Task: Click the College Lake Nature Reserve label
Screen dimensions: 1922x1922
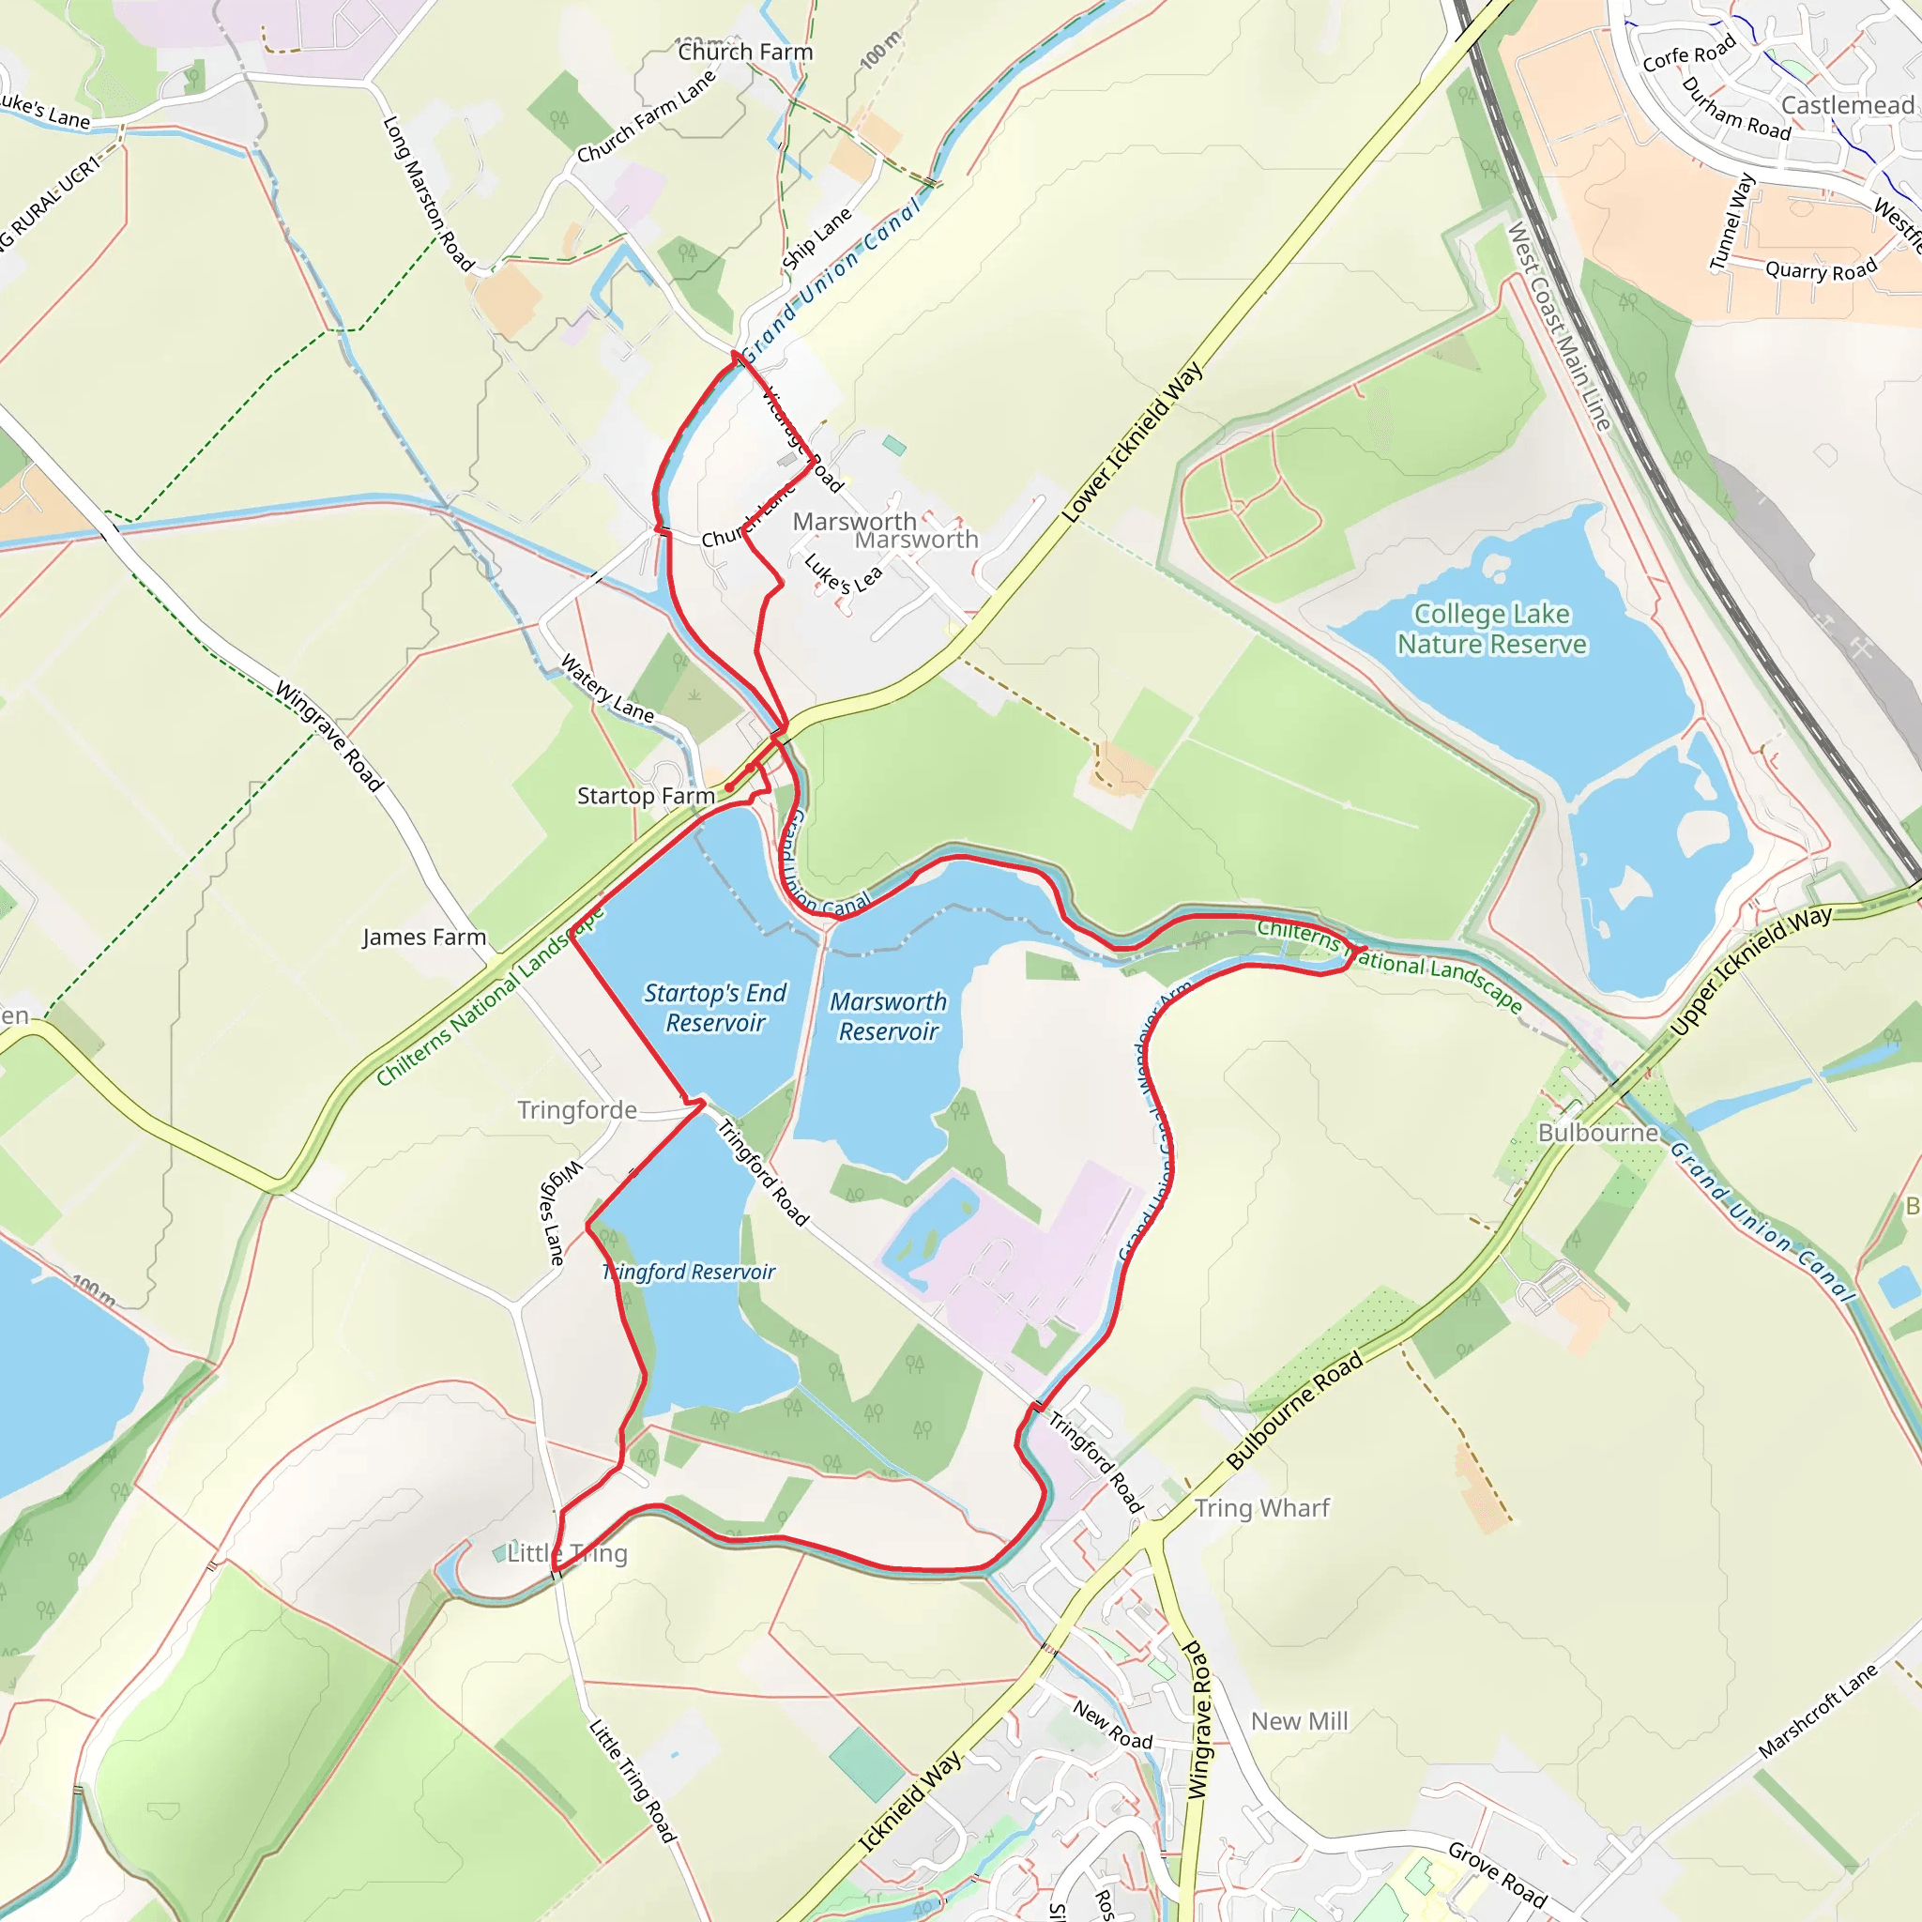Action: [1491, 629]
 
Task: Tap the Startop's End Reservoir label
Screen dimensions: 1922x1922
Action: [714, 1008]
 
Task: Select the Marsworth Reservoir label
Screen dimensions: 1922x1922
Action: [888, 1015]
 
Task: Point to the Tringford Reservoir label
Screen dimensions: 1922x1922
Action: [689, 1272]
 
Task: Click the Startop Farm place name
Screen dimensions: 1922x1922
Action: [646, 796]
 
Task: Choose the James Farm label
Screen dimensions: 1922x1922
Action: [424, 938]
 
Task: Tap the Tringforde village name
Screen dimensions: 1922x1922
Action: [577, 1109]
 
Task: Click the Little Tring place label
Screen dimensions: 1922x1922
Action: [567, 1553]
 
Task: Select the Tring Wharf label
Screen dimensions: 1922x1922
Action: [1261, 1508]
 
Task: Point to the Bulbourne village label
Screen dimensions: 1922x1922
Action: [1597, 1133]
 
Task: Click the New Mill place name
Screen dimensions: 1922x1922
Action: [1299, 1721]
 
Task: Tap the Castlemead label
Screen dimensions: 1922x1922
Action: [1846, 105]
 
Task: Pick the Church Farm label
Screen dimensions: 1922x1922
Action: [745, 52]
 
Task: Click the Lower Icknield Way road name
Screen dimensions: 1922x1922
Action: [1132, 442]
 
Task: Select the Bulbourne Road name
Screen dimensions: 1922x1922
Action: [1294, 1411]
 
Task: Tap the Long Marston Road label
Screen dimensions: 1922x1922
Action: [428, 194]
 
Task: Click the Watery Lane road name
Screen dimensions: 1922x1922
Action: [607, 689]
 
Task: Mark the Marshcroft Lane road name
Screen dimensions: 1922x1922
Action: [1818, 1710]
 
